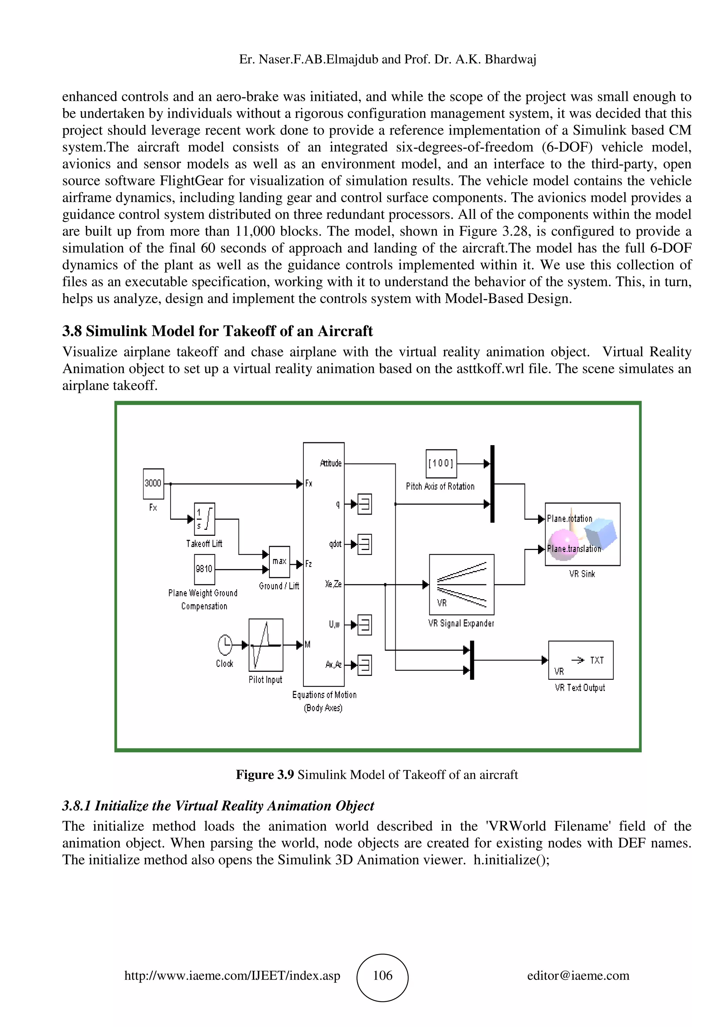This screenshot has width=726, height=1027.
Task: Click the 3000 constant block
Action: pos(153,483)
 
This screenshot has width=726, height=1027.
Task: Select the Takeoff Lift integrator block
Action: pos(205,519)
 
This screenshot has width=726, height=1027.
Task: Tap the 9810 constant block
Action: pos(205,569)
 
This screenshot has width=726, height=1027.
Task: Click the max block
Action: pos(279,562)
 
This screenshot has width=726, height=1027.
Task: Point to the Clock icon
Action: pos(225,645)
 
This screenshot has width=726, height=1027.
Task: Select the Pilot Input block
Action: pos(266,645)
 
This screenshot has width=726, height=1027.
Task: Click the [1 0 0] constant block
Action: pos(441,464)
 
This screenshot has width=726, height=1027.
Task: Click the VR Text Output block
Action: pos(580,660)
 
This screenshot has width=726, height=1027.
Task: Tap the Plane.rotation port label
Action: pos(569,519)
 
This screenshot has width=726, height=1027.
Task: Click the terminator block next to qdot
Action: pos(364,544)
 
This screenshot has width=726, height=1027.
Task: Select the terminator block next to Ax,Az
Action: pos(364,665)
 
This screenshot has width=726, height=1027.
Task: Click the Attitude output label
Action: pos(331,464)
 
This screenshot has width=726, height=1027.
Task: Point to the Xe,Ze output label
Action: pos(333,584)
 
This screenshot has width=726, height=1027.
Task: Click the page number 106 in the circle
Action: pos(382,976)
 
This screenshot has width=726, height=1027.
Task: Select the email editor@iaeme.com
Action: pos(578,976)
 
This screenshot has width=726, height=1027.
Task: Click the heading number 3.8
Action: pos(72,331)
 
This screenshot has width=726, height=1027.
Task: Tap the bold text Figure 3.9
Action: pos(264,775)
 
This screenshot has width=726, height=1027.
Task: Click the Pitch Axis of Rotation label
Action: pos(440,486)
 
